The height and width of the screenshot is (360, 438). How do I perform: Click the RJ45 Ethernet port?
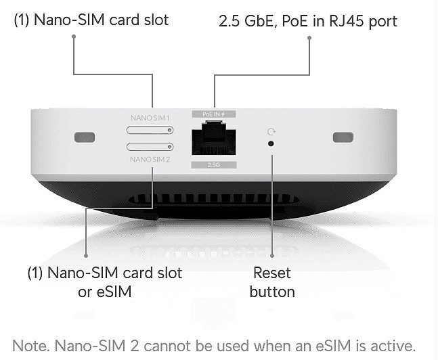[x=214, y=138]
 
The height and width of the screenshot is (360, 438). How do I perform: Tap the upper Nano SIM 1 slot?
[x=150, y=130]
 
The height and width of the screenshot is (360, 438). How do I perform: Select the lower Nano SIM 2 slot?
[x=150, y=147]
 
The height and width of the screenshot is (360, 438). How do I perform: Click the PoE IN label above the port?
[x=214, y=114]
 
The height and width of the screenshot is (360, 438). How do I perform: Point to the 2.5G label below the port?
[x=214, y=165]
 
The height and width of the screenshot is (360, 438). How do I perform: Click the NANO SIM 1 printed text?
[x=150, y=118]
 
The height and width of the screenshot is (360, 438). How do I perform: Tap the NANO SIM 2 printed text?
[x=150, y=160]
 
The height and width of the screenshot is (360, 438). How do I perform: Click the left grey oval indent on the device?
[x=85, y=137]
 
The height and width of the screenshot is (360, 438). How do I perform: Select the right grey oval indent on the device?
[x=343, y=137]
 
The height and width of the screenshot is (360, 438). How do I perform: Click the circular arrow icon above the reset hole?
[x=271, y=131]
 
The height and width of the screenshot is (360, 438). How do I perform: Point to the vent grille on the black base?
[x=214, y=199]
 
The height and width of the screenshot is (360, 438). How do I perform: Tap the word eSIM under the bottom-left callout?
[x=114, y=292]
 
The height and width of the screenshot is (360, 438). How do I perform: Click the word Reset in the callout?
[x=271, y=273]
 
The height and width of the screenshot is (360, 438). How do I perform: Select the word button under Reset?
[x=272, y=292]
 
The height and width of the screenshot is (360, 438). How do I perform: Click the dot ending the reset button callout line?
[x=272, y=256]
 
